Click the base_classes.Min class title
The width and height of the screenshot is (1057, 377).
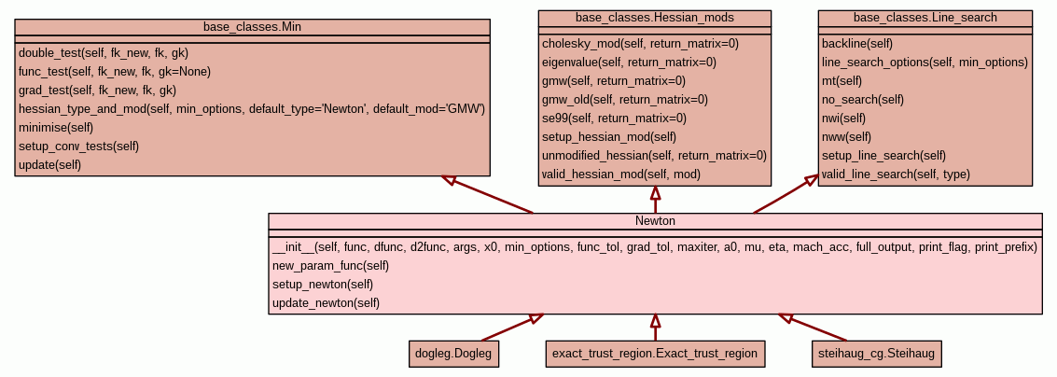pyautogui.click(x=252, y=27)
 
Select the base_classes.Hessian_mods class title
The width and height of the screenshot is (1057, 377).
pyautogui.click(x=655, y=18)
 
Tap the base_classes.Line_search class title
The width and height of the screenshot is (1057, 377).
pyautogui.click(x=925, y=18)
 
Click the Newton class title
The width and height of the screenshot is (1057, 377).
pyautogui.click(x=655, y=221)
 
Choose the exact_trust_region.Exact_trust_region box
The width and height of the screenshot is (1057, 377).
pyautogui.click(x=655, y=354)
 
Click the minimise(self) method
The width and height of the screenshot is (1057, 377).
pyautogui.click(x=56, y=128)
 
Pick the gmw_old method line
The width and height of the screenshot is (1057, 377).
pyautogui.click(x=625, y=100)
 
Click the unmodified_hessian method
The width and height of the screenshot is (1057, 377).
pyautogui.click(x=654, y=156)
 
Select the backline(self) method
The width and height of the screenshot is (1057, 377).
pyautogui.click(x=857, y=44)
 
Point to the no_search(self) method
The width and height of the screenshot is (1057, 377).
pyautogui.click(x=863, y=100)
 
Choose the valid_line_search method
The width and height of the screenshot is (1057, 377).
pyautogui.click(x=896, y=175)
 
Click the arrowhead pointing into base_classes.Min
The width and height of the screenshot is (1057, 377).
pyautogui.click(x=449, y=179)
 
